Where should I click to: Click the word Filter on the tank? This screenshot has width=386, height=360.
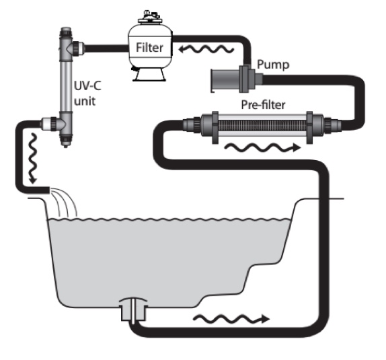pyautogui.click(x=149, y=48)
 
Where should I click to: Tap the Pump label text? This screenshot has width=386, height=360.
pyautogui.click(x=273, y=65)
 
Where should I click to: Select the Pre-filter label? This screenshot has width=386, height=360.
pyautogui.click(x=263, y=105)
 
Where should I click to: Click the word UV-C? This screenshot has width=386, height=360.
pyautogui.click(x=87, y=86)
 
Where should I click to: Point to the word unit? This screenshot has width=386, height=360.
pyautogui.click(x=85, y=101)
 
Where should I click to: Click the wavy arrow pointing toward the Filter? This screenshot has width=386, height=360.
pyautogui.click(x=206, y=49)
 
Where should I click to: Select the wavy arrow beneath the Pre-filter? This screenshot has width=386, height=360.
pyautogui.click(x=262, y=147)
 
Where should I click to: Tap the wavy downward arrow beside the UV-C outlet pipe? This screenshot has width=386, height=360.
pyautogui.click(x=33, y=158)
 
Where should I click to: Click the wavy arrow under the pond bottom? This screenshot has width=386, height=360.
pyautogui.click(x=231, y=319)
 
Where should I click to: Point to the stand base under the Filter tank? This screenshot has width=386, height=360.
pyautogui.click(x=149, y=74)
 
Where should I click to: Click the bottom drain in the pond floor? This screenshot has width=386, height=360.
pyautogui.click(x=133, y=310)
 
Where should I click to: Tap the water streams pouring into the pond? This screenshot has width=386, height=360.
pyautogui.click(x=63, y=202)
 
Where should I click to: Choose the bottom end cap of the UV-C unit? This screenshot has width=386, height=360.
pyautogui.click(x=65, y=140)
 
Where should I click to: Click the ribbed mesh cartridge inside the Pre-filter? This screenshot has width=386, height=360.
pyautogui.click(x=262, y=126)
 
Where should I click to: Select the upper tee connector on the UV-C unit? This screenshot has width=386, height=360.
pyautogui.click(x=71, y=48)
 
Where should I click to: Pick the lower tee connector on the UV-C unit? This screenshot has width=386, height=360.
pyautogui.click(x=56, y=122)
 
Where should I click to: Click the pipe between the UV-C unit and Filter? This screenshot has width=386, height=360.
pyautogui.click(x=107, y=48)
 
